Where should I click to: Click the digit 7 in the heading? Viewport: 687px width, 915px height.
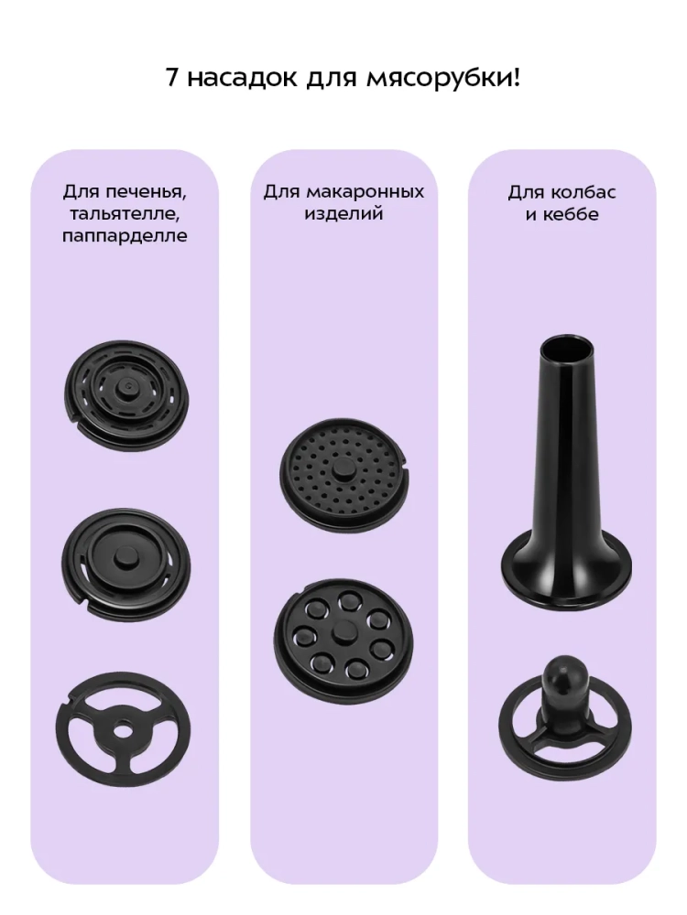[172, 77]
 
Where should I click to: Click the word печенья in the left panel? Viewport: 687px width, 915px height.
[152, 192]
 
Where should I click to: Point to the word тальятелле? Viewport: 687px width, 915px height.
[125, 214]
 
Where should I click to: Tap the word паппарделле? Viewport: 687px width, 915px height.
[125, 236]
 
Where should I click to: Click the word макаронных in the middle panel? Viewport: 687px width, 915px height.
[364, 192]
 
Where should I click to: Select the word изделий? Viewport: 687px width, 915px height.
[343, 214]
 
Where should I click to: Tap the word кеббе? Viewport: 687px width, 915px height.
[570, 214]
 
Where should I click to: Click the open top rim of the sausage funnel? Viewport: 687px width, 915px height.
[561, 347]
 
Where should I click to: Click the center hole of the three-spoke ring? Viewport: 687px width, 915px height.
[123, 730]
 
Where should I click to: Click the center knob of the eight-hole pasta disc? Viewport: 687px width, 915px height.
[341, 631]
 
